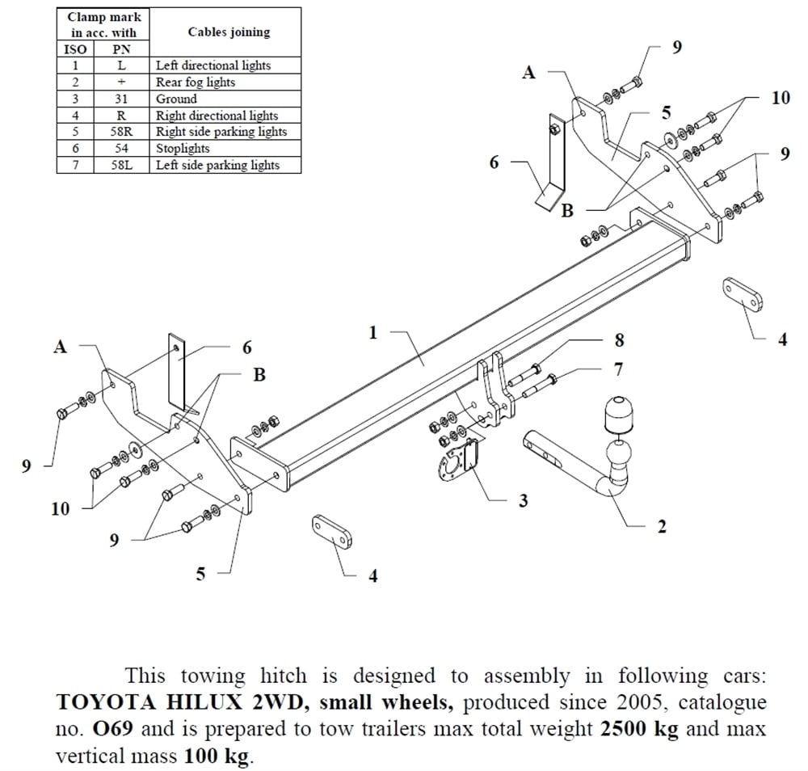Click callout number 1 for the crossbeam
pyautogui.click(x=372, y=332)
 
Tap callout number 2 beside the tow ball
pyautogui.click(x=662, y=527)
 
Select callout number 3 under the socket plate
pyautogui.click(x=523, y=501)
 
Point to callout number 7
pyautogui.click(x=618, y=369)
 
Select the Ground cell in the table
pyautogui.click(x=176, y=99)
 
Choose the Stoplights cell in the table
pyautogui.click(x=183, y=149)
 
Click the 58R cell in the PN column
pyautogui.click(x=120, y=132)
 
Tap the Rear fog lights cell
pyautogui.click(x=196, y=82)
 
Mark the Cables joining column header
pyautogui.click(x=229, y=32)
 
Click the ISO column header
pyautogui.click(x=75, y=49)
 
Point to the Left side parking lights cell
pyautogui.click(x=217, y=166)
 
